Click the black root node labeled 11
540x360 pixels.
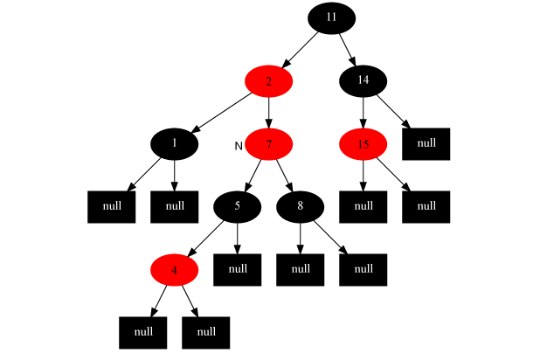331,17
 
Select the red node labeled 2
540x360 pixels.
268,81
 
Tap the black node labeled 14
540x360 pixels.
363,81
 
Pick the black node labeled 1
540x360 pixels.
174,144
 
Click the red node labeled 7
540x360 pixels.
268,144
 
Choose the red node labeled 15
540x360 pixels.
363,144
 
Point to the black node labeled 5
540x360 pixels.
237,207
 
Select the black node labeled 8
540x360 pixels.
300,207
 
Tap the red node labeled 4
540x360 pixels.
174,270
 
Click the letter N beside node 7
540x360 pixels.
239,144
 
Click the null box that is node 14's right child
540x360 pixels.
426,144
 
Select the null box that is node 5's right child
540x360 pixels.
237,269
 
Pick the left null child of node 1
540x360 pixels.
111,206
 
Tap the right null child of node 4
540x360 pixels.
205,332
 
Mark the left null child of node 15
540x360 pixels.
363,206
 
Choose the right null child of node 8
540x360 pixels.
363,269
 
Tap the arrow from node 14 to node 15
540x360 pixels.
363,113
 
